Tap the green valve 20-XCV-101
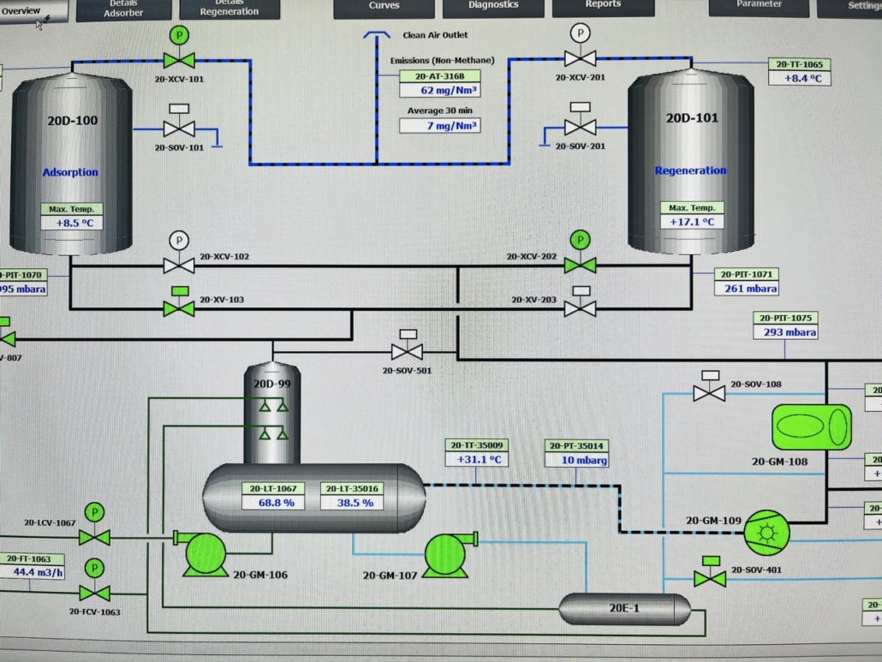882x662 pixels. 179,60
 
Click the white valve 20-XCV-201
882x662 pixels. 580,58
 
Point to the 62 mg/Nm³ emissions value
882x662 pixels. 438,90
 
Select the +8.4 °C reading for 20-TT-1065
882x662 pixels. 802,78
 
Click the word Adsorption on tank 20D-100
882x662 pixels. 70,172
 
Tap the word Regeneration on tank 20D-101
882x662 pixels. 690,170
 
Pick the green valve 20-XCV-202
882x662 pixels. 580,265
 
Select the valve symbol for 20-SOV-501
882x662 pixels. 407,350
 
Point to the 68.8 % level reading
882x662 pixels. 277,503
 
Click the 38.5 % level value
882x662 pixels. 355,503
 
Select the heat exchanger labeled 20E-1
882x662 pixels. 624,609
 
